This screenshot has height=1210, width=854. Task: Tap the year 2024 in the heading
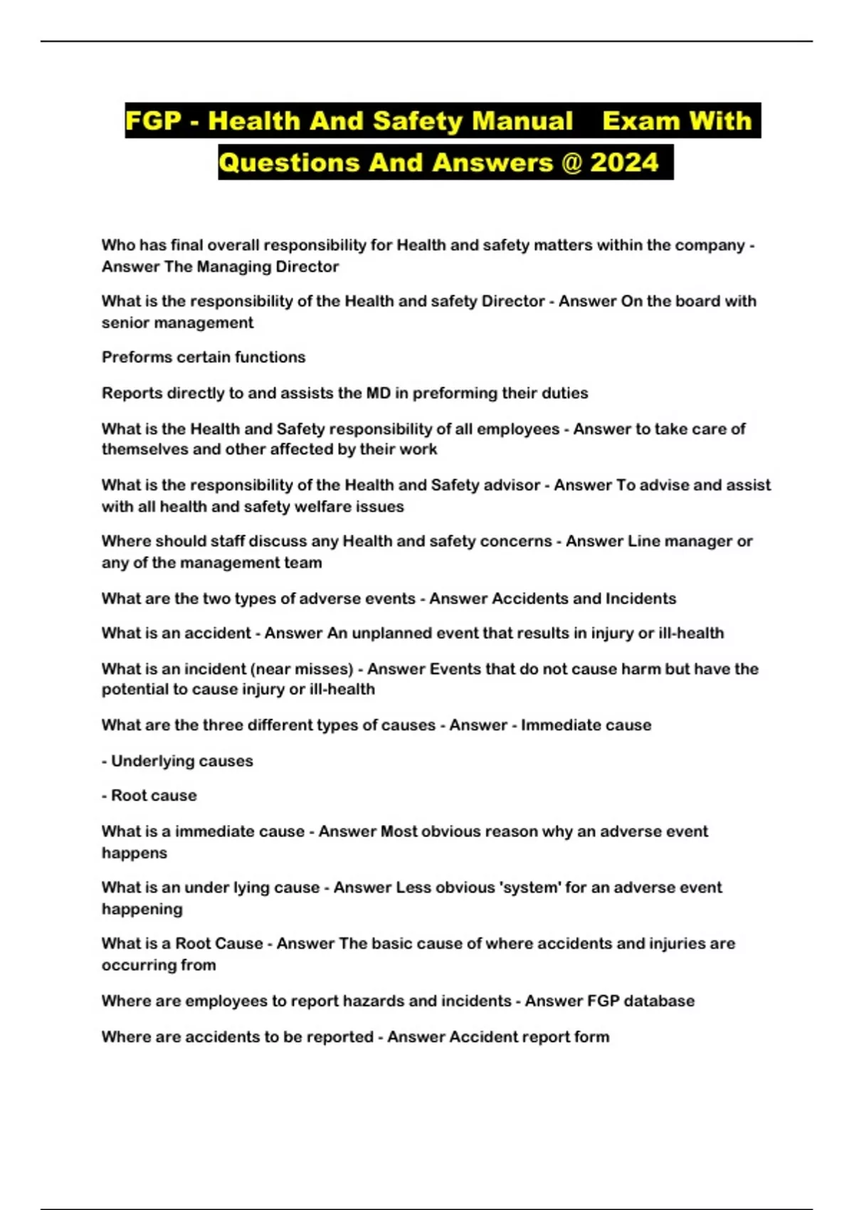coord(624,162)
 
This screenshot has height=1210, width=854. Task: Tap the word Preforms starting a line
coord(133,357)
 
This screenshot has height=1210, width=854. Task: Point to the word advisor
coord(512,485)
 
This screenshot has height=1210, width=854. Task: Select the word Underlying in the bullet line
coord(149,761)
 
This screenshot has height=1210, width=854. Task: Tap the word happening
coord(142,910)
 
